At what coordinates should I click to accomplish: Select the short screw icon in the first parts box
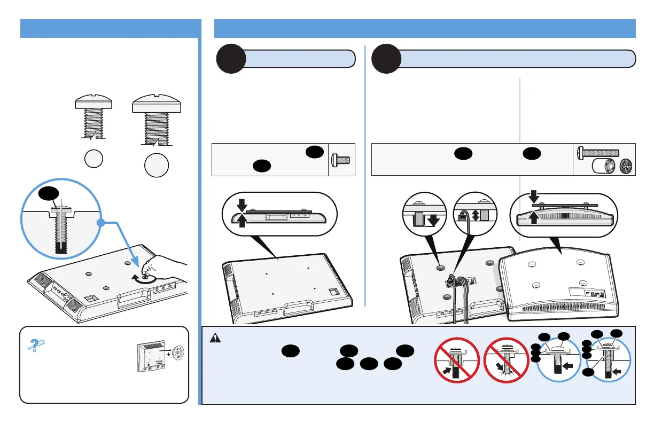coord(341,159)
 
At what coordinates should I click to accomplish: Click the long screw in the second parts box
coord(599,152)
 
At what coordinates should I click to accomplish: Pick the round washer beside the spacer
coord(626,167)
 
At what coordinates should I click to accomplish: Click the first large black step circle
coord(230,59)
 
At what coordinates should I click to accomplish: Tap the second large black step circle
coord(386,59)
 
